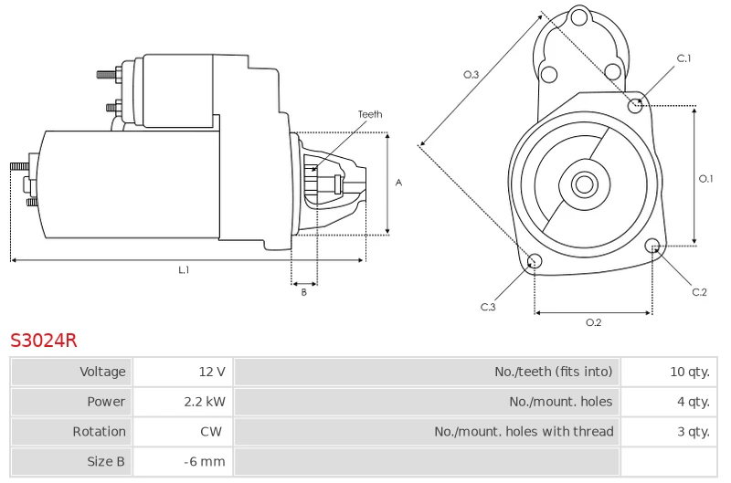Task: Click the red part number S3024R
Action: tap(43, 341)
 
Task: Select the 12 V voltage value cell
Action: tap(183, 372)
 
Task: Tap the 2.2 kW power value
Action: tap(205, 402)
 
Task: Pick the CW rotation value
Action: tap(211, 431)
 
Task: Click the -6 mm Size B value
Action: tap(204, 462)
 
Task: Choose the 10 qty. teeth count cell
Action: tap(669, 372)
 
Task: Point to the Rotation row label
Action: tap(99, 431)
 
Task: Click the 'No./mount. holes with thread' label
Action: tap(524, 431)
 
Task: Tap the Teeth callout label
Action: tap(370, 114)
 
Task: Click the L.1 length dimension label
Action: tap(185, 269)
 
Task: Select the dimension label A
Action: tap(398, 183)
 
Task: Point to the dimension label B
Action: tap(304, 292)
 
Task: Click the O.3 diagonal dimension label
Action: tap(471, 75)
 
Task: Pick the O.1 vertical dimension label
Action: tap(705, 178)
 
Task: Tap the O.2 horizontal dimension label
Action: tap(593, 322)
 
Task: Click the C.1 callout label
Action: tap(683, 58)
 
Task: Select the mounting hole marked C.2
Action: tap(652, 246)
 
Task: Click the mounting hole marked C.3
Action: tap(535, 261)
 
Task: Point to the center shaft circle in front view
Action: tap(584, 184)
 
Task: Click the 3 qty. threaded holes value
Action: tap(694, 431)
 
